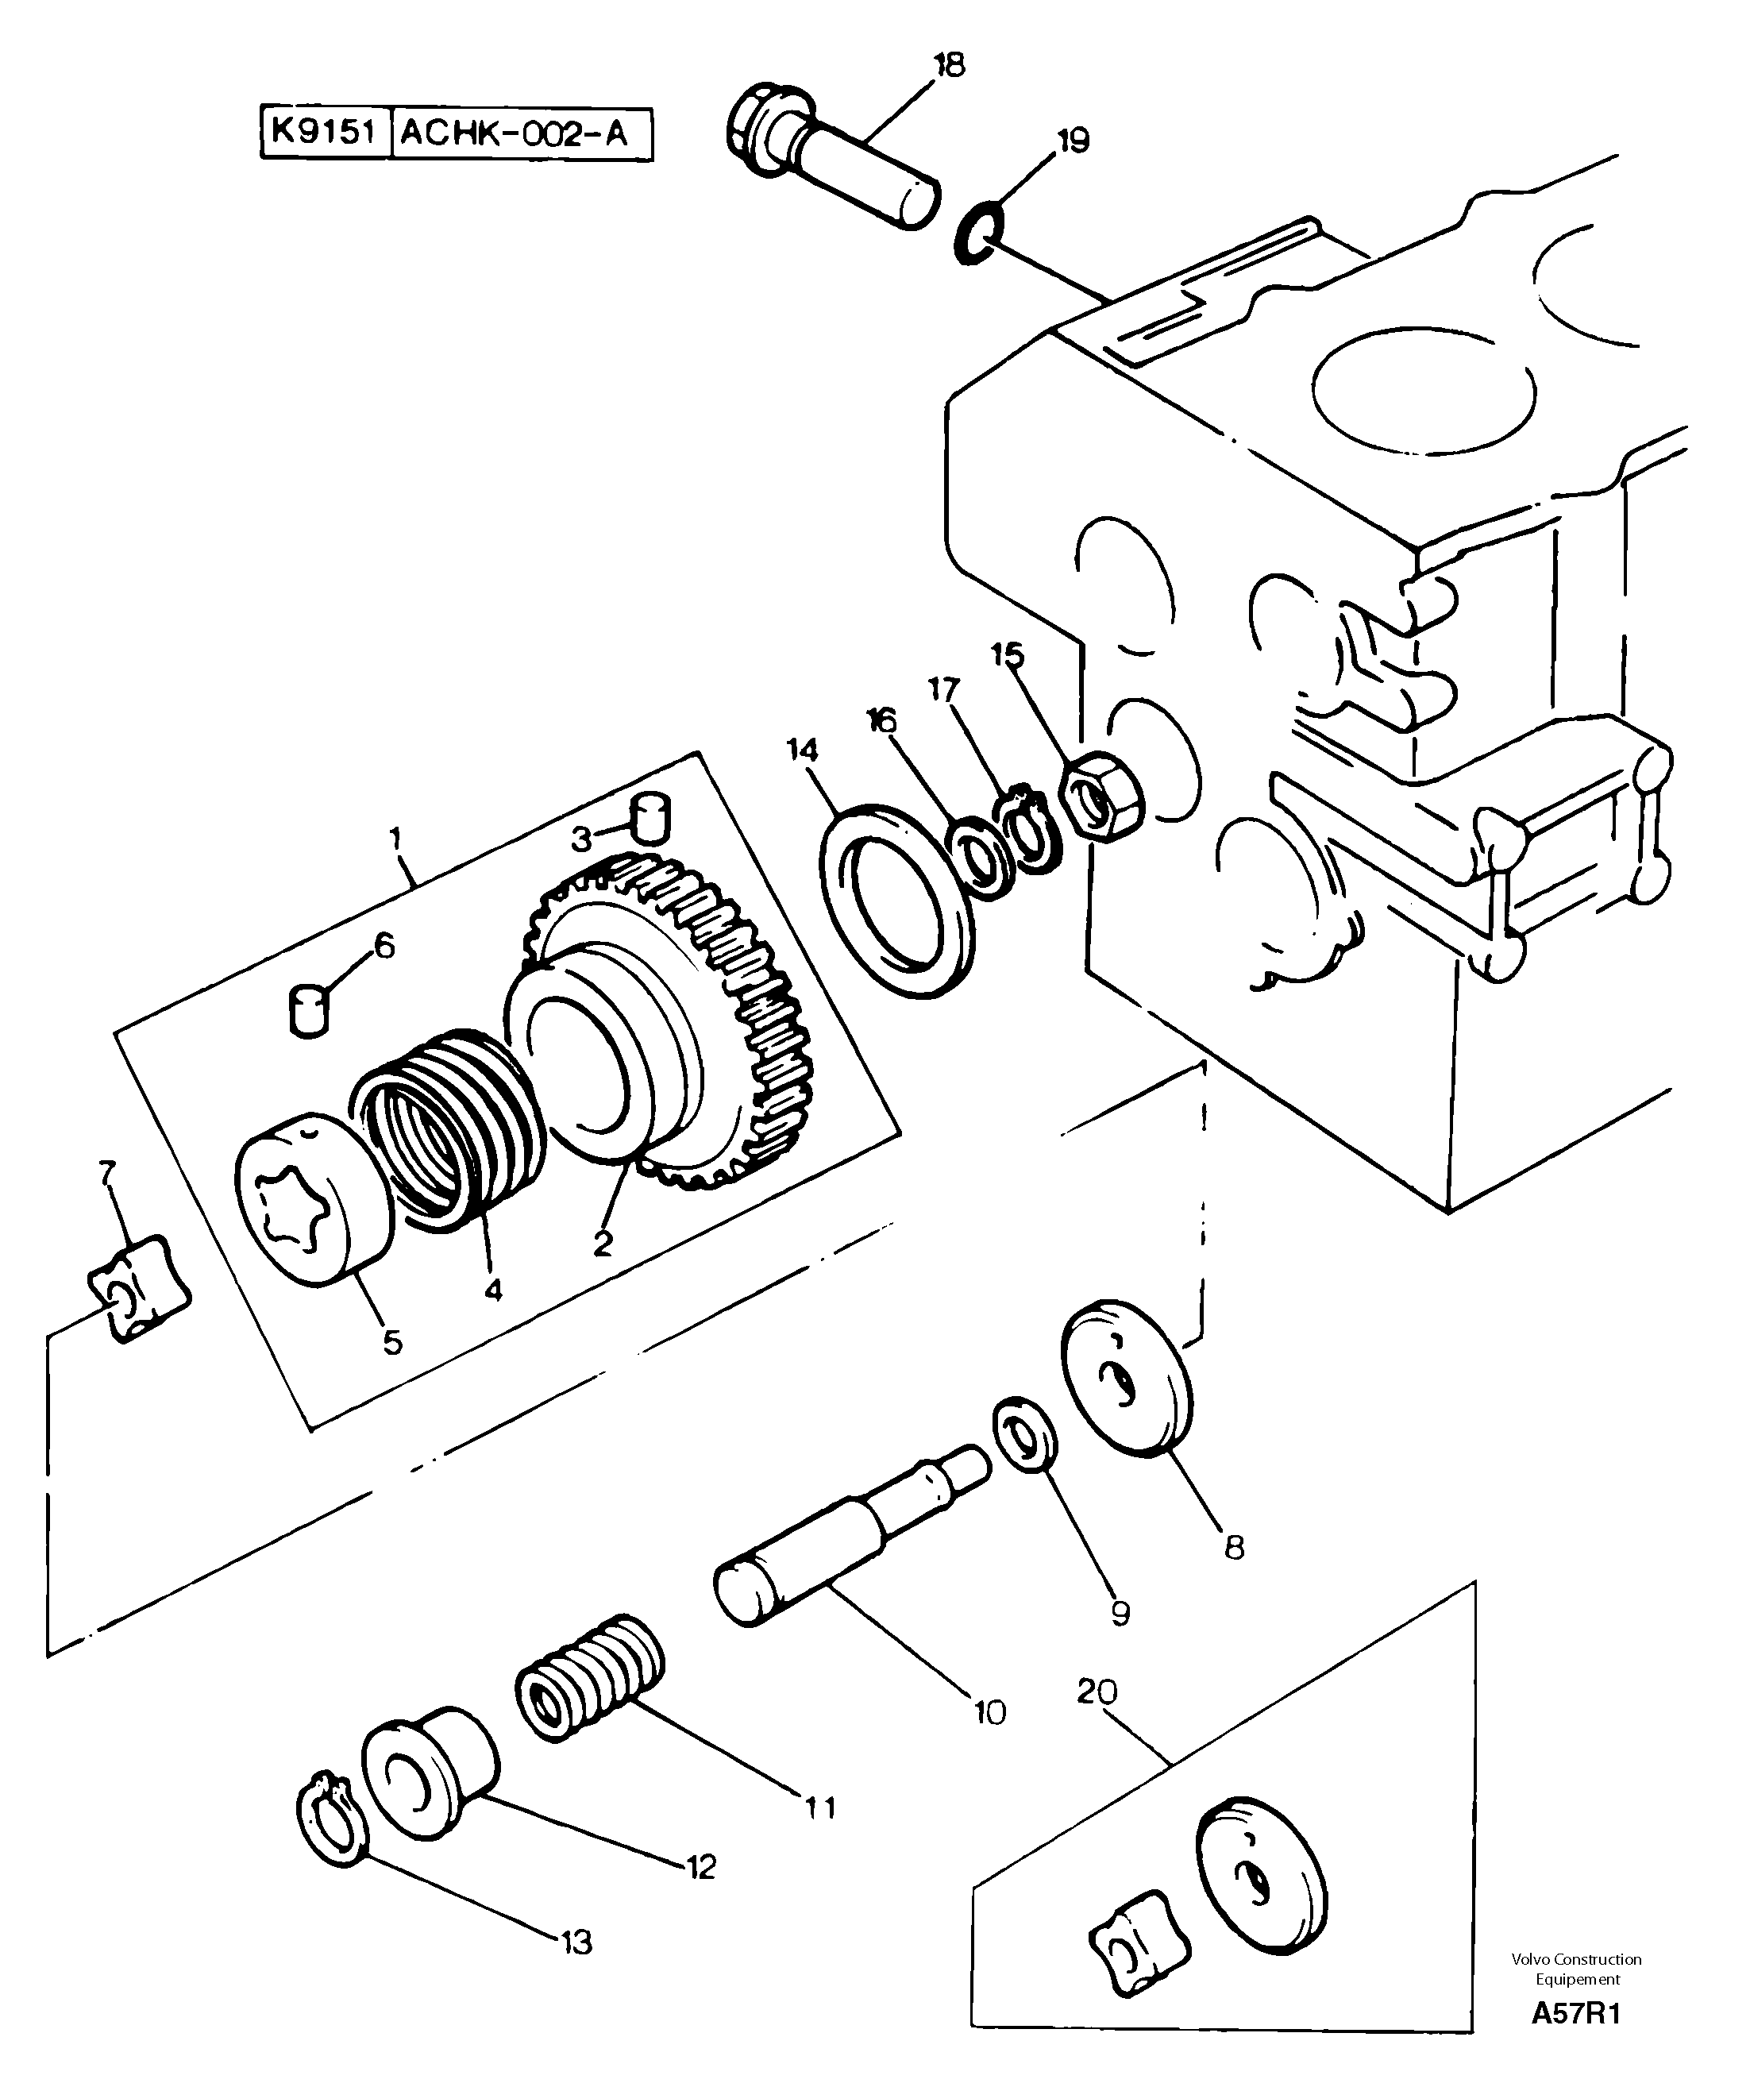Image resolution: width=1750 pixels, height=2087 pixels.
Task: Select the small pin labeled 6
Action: point(309,1011)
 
